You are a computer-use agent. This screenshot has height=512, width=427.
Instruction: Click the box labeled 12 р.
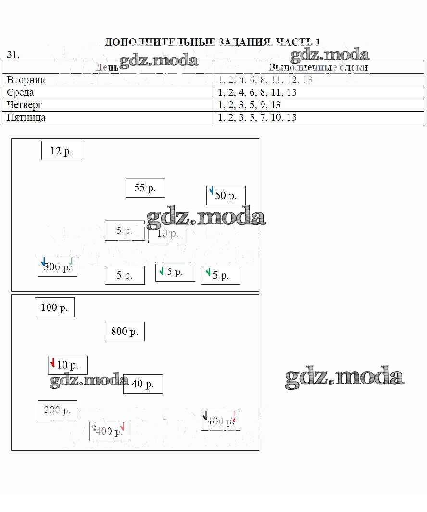61,151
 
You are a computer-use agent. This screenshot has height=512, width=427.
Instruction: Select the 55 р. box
145,188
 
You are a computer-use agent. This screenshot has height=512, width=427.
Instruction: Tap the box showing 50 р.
226,195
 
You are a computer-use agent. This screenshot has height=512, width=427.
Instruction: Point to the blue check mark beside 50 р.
211,191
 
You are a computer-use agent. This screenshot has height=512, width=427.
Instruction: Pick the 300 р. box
58,267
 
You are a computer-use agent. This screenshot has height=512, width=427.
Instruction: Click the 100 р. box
54,307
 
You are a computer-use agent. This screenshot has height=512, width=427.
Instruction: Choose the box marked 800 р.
125,331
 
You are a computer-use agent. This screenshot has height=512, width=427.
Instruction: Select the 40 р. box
143,384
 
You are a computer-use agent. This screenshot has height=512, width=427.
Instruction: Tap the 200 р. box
58,410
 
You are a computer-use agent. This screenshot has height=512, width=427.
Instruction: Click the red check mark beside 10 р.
52,362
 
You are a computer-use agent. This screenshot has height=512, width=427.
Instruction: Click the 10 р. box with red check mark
68,365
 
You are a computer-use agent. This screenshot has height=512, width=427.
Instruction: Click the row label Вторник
26,80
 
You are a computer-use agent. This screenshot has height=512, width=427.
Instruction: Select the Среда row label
21,92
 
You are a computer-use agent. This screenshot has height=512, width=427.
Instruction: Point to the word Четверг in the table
25,105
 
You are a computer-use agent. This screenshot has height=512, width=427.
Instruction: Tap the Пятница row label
26,117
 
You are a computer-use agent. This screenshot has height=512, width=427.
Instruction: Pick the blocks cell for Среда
257,92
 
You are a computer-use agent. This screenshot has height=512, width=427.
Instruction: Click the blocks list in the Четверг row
249,105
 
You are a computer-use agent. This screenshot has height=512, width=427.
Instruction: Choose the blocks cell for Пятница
257,117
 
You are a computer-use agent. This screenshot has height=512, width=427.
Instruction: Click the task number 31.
13,55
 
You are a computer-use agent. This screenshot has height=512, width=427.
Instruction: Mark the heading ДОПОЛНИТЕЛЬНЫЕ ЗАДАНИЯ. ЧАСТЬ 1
212,42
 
